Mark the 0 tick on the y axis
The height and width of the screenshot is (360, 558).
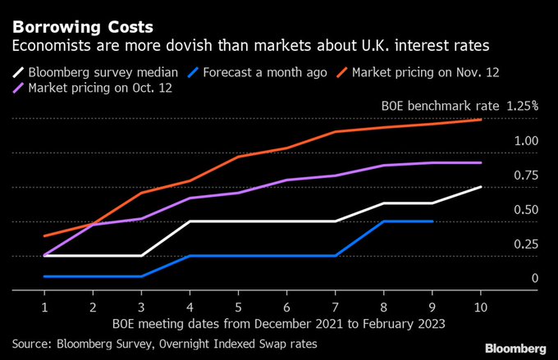pos(534,279)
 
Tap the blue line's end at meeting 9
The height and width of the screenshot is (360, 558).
pos(432,221)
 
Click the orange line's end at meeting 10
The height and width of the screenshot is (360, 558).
pos(481,120)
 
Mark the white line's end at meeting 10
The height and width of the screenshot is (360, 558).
pos(481,187)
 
